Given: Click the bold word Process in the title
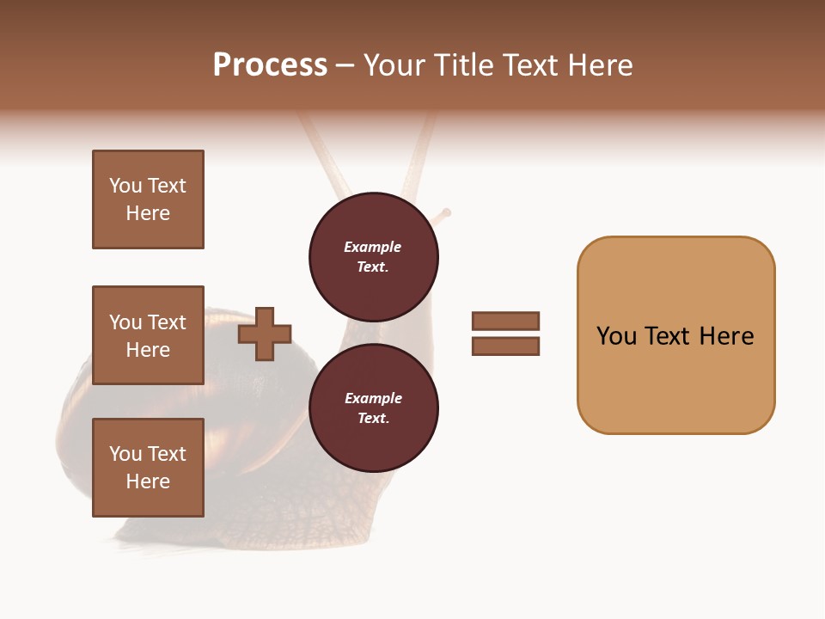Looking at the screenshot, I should point(270,65).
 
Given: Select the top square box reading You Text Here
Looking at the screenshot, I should point(148,199).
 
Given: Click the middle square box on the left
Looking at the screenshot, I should point(148,335).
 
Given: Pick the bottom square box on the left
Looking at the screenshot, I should point(148,468).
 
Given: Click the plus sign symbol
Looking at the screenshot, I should point(265,334).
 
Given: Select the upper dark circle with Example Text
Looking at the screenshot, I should point(373,257).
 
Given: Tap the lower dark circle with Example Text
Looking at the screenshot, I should point(373,408).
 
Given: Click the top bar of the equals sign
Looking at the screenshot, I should point(505,322).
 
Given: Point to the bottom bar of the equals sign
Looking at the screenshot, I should point(505,346).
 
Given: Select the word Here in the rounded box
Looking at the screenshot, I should point(726,336).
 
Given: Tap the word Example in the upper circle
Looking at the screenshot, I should point(373,247).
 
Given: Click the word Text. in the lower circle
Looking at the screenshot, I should point(373,419).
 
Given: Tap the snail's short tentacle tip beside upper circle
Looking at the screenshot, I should point(445,212).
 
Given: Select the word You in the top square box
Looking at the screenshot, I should point(125,186).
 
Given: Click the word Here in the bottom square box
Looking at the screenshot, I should point(148,481).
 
